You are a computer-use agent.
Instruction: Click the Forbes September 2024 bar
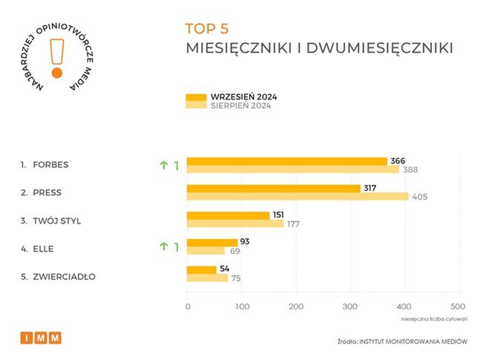(x=286, y=161)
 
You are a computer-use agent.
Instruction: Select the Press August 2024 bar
(x=297, y=197)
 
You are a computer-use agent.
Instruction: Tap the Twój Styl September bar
(x=228, y=215)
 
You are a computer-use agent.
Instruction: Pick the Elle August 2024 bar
(x=206, y=251)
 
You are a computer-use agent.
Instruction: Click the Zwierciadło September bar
(x=201, y=269)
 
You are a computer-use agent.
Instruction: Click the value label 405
(x=420, y=197)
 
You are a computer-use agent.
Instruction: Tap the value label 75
(x=235, y=278)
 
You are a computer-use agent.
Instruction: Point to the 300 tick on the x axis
(x=350, y=307)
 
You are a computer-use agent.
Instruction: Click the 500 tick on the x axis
(x=458, y=307)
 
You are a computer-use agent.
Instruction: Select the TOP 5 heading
(x=207, y=29)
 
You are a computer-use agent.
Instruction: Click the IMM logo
(x=41, y=338)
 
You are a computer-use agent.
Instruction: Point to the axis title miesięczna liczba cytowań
(x=433, y=320)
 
